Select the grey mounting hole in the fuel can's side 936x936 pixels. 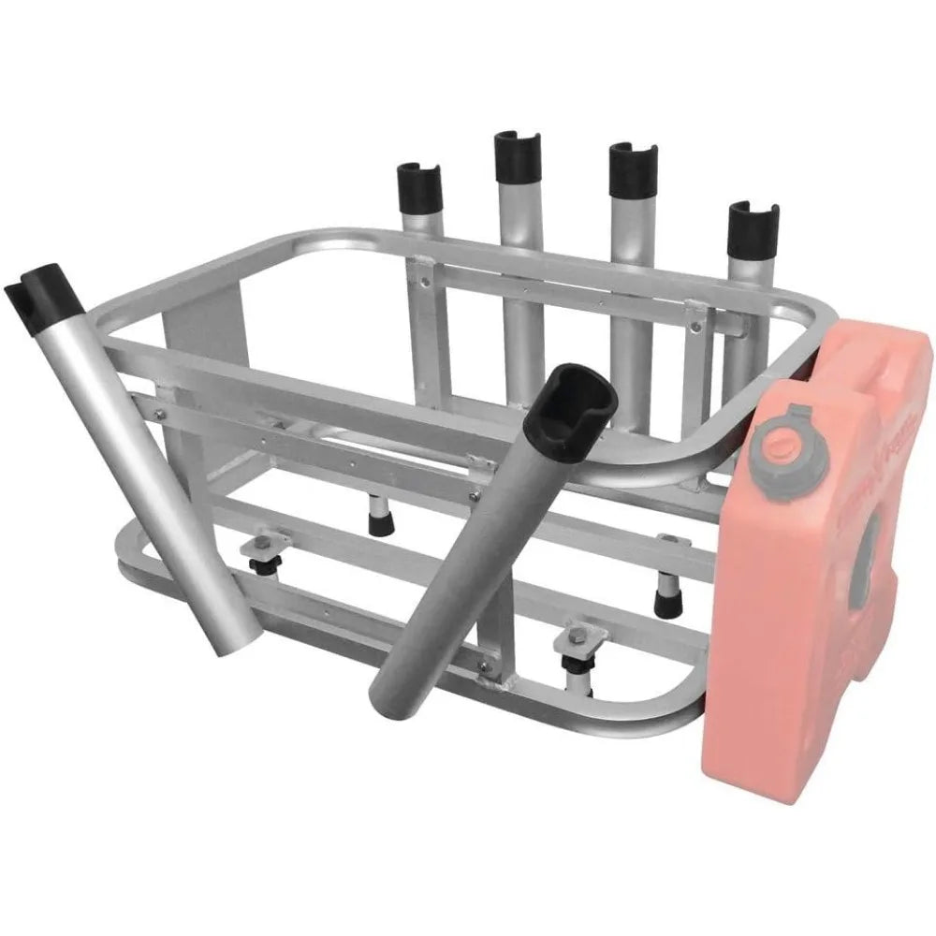point(870,538)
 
